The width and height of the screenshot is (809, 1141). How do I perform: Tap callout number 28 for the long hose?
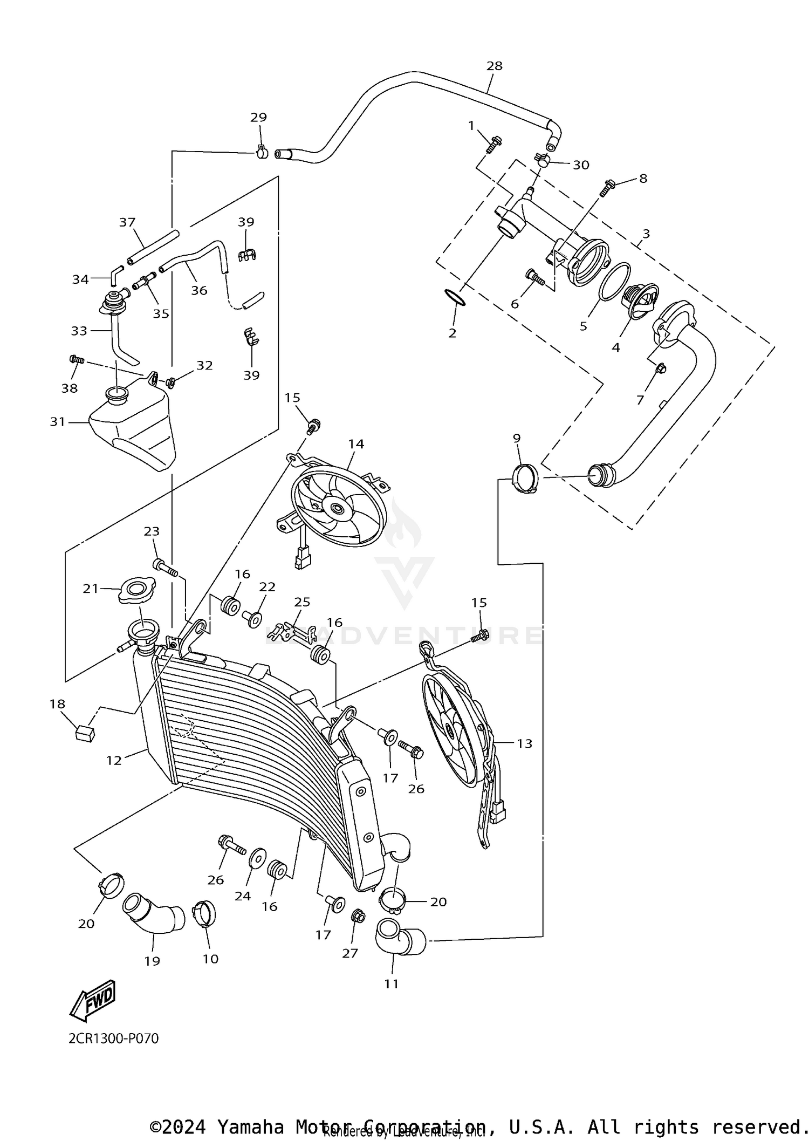pos(494,66)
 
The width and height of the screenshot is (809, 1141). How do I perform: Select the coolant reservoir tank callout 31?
pos(57,421)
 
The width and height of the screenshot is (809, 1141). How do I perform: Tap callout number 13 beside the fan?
pos(524,743)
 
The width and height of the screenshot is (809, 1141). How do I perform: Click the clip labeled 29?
pos(262,153)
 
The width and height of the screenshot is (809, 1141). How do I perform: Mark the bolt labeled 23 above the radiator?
pos(164,567)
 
